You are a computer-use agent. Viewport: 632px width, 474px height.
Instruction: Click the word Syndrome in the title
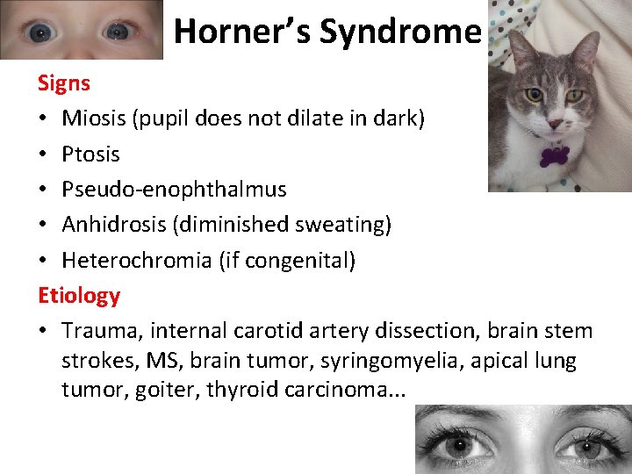pyautogui.click(x=400, y=32)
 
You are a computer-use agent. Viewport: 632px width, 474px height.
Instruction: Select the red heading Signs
pyautogui.click(x=64, y=83)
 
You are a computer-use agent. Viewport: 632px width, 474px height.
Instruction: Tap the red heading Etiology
pyautogui.click(x=79, y=295)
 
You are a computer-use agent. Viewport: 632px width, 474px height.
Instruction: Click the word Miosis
pyautogui.click(x=94, y=118)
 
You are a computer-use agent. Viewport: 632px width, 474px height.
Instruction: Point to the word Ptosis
pyautogui.click(x=91, y=154)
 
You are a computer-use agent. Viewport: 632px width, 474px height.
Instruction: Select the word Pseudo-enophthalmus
pyautogui.click(x=174, y=190)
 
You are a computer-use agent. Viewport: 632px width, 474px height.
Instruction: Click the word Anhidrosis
pyautogui.click(x=114, y=225)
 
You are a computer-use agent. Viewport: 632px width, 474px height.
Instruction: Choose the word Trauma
pyautogui.click(x=101, y=331)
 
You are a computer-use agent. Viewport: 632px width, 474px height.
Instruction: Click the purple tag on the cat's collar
pyautogui.click(x=553, y=156)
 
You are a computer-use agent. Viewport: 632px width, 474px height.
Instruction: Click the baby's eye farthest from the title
pyautogui.click(x=39, y=32)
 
